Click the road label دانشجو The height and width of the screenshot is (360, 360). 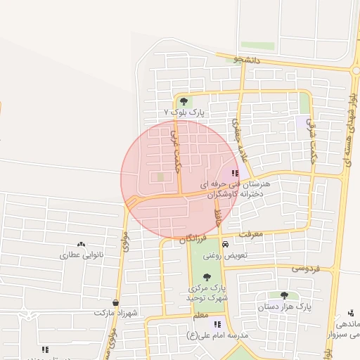247,60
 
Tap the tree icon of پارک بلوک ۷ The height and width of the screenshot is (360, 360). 184,101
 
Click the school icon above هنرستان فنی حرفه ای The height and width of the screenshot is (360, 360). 235,172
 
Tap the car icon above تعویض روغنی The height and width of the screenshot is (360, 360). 224,245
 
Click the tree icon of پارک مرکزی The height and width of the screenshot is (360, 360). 207,277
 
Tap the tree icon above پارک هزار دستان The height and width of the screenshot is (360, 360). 284,296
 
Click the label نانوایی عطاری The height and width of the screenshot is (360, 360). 80,255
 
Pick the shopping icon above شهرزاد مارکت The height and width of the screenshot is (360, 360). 115,302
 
